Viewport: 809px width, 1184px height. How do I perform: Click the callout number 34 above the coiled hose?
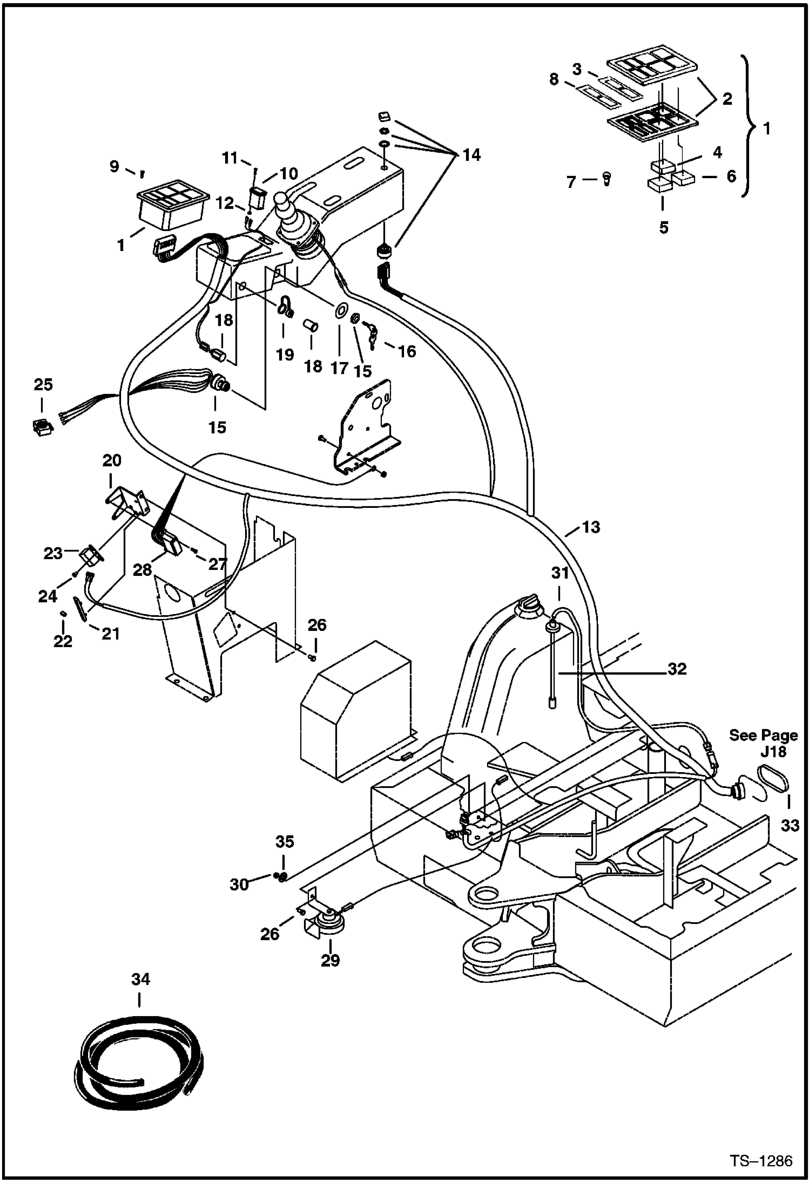pos(140,979)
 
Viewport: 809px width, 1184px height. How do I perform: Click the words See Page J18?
pos(763,743)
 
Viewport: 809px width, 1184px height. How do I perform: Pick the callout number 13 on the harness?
pos(591,527)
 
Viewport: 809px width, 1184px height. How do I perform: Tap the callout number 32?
pos(677,669)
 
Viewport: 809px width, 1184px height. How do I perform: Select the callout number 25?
pos(43,384)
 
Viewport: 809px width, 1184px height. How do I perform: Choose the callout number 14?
pos(471,155)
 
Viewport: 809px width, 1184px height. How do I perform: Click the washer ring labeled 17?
pos(340,311)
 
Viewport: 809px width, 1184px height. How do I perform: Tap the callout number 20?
pos(112,460)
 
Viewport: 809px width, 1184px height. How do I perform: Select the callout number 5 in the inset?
pos(664,228)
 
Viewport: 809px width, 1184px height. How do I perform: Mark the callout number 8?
pos(554,79)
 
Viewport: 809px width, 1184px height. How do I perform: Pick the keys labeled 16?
pos(373,333)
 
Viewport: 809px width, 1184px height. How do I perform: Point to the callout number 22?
pos(63,641)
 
